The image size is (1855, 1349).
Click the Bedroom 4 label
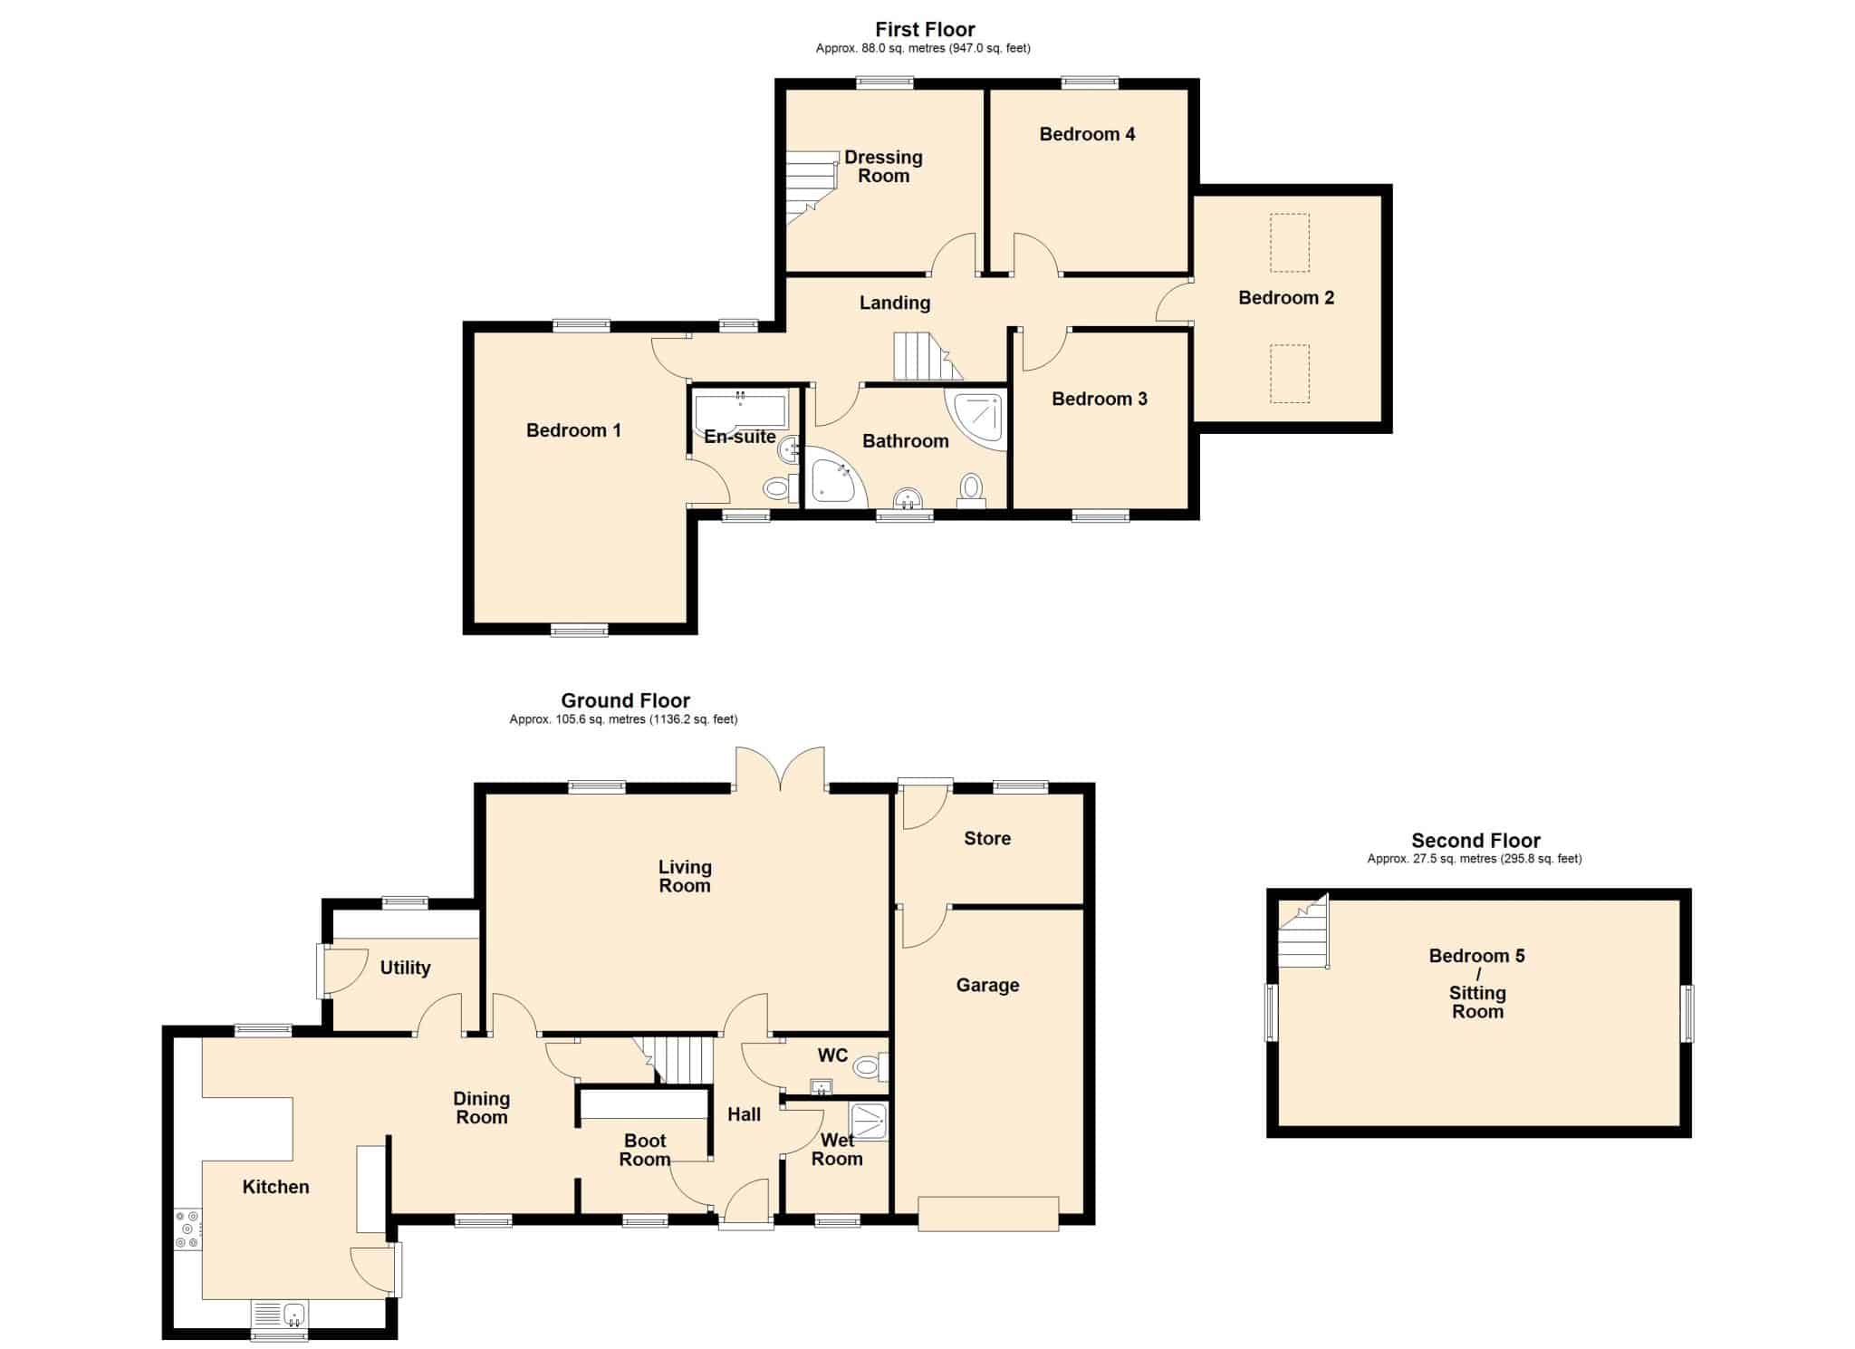coord(1087,134)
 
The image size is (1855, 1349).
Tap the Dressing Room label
coord(883,167)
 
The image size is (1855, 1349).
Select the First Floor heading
coord(925,29)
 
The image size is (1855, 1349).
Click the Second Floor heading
coord(1475,840)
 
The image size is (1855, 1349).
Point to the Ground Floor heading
coord(625,700)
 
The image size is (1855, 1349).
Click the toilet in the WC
coord(870,1067)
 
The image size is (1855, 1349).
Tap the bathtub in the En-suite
coord(741,410)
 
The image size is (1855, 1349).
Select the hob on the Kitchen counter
coord(187,1229)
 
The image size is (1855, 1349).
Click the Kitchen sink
coord(280,1314)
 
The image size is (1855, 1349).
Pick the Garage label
coord(987,985)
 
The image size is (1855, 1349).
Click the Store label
coord(987,838)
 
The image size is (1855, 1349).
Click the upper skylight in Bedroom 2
coord(1289,243)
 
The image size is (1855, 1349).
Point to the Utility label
coord(405,968)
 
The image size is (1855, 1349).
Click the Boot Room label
coord(645,1150)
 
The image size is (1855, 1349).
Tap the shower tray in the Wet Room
coord(869,1121)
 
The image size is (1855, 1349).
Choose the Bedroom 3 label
coord(1099,399)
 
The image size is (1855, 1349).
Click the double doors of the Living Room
coord(780,770)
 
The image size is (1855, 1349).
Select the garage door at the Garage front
coord(988,1214)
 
